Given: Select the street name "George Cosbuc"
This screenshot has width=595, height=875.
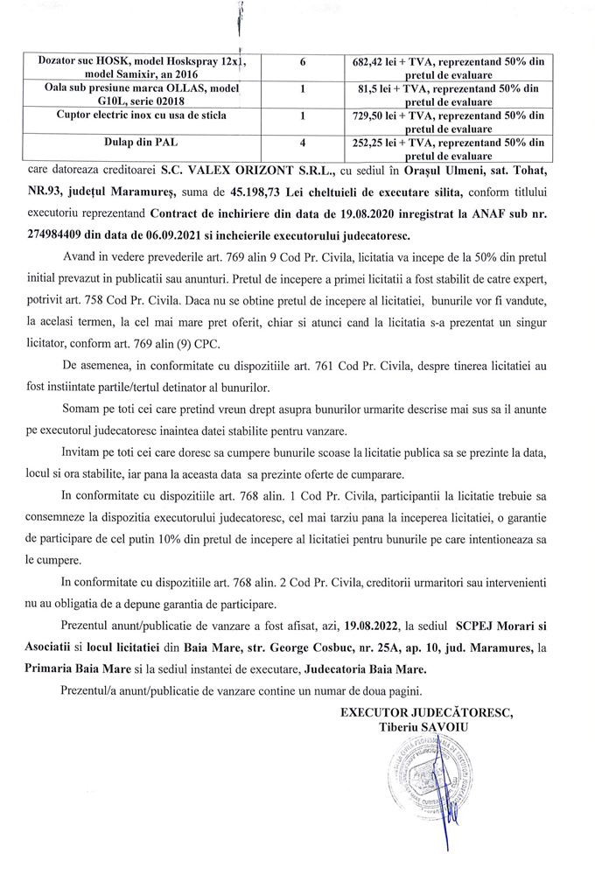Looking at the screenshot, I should tap(290, 648).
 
